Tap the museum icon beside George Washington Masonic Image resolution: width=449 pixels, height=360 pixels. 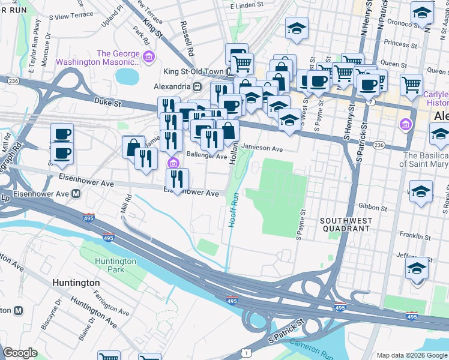[x=149, y=58]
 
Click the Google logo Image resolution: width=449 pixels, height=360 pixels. [x=20, y=353]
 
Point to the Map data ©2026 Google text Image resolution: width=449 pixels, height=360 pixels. [x=411, y=355]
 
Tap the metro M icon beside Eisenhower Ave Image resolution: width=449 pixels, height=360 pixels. [x=76, y=194]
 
